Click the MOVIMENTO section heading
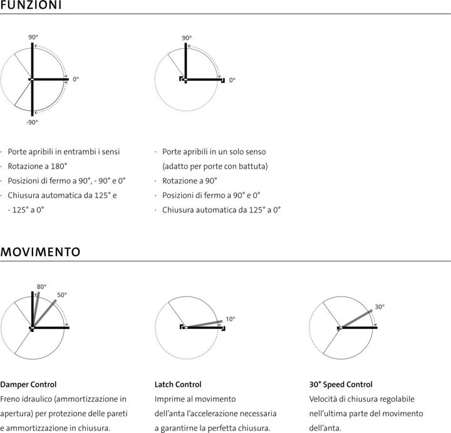click(x=40, y=253)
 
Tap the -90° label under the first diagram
click(x=32, y=122)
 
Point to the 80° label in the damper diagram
click(x=41, y=287)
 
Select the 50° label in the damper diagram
click(x=62, y=295)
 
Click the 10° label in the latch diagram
click(x=231, y=319)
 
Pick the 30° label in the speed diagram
click(x=380, y=307)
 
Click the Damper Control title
click(x=28, y=384)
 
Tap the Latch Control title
click(x=178, y=384)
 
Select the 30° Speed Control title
click(x=341, y=384)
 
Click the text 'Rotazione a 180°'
click(x=38, y=166)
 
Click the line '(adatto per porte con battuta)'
click(x=215, y=166)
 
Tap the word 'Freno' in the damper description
click(x=12, y=399)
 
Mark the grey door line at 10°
click(x=204, y=325)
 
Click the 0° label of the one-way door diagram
click(x=232, y=80)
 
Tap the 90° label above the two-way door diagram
click(x=33, y=38)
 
